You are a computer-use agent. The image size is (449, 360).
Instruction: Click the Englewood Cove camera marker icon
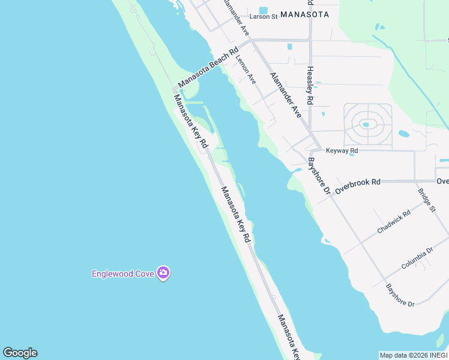[x=163, y=274]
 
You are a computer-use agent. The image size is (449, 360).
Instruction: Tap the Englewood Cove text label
[x=123, y=274]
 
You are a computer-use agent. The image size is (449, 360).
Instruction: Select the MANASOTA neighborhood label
[x=304, y=14]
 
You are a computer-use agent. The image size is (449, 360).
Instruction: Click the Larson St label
[x=264, y=16]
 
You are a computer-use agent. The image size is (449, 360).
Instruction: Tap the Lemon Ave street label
[x=246, y=70]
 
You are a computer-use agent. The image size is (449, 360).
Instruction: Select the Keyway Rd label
[x=342, y=151]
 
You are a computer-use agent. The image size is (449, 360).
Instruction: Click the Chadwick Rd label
[x=394, y=221]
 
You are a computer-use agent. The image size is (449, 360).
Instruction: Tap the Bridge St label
[x=426, y=200]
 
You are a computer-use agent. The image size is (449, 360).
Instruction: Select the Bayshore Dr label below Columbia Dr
[x=400, y=296]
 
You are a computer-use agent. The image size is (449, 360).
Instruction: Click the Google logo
[x=20, y=353]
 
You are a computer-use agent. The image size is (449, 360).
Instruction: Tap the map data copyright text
[x=414, y=355]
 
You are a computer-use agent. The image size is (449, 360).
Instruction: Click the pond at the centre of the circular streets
[x=365, y=125]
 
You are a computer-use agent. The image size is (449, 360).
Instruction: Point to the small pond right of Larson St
[x=289, y=46]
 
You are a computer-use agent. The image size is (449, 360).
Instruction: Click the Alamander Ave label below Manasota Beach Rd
[x=285, y=94]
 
